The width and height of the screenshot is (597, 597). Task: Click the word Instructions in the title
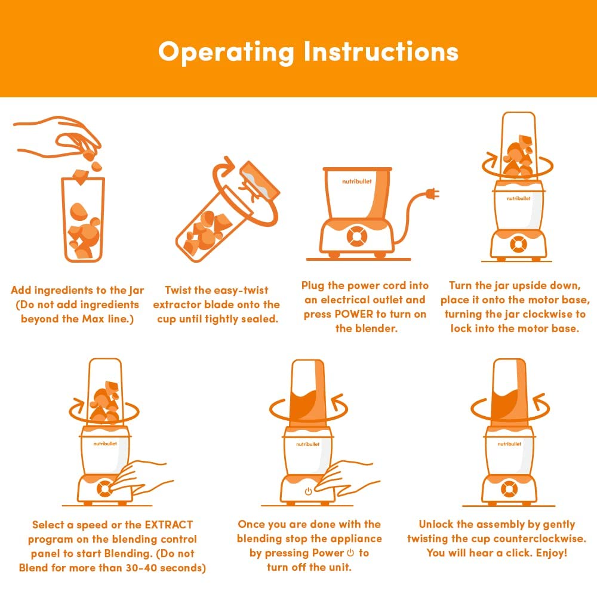tap(381, 51)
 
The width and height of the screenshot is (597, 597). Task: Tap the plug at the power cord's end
tap(433, 194)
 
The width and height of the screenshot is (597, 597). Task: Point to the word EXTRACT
tap(169, 525)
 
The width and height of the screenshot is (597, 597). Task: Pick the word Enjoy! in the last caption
tap(552, 553)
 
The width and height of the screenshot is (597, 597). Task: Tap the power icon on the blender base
tap(309, 491)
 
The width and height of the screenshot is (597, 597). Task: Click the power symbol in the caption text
tap(350, 552)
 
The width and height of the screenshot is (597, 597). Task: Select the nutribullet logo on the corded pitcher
tap(357, 181)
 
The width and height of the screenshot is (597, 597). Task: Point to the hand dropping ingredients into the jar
tap(58, 137)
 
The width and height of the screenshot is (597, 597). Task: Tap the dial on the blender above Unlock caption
tap(509, 490)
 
